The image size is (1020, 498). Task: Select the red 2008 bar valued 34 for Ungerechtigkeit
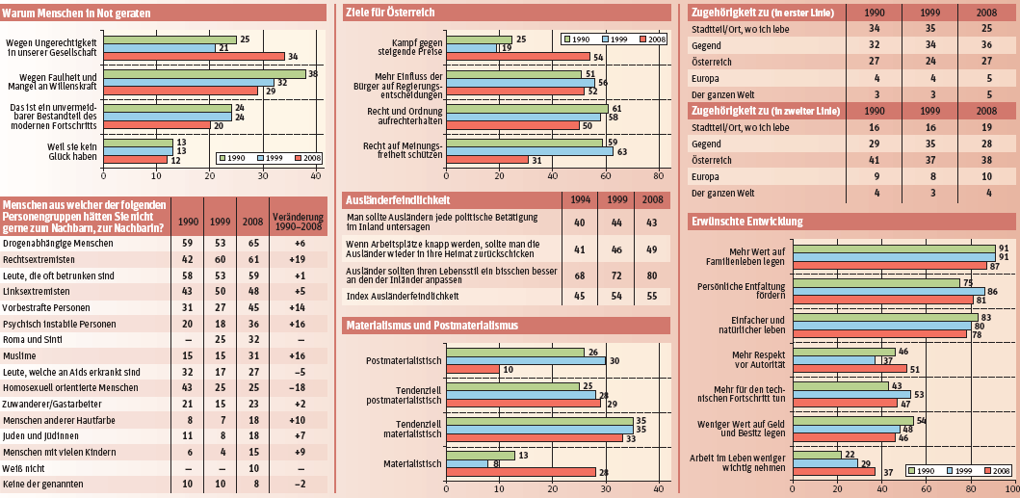click(194, 56)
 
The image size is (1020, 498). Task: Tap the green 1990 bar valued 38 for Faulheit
click(204, 73)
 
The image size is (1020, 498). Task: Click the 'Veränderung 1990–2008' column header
click(298, 223)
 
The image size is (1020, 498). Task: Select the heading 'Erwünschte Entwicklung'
click(747, 222)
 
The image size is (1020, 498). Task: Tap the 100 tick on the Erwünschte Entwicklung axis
click(1010, 491)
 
